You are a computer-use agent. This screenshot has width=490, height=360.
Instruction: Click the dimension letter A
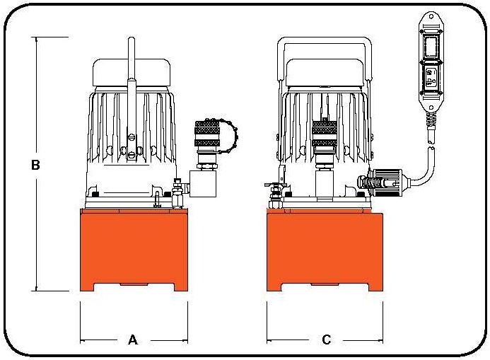[132, 340]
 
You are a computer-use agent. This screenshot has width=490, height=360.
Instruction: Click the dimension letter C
[326, 340]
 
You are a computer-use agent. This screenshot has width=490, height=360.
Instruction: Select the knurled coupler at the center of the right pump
[324, 134]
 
